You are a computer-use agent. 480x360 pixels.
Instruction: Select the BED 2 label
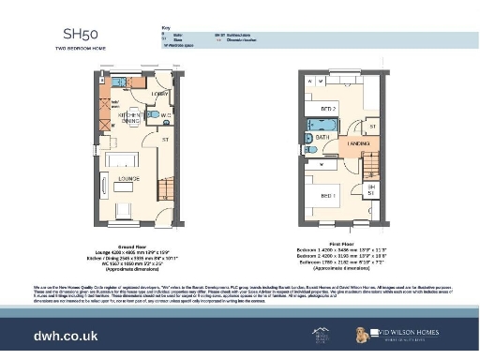(x=328, y=110)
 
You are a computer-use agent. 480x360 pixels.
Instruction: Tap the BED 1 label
(x=328, y=196)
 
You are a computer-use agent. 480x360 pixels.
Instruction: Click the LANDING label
(x=359, y=143)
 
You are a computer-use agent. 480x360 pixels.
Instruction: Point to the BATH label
(x=322, y=137)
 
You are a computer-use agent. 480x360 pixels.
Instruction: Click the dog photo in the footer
(x=361, y=334)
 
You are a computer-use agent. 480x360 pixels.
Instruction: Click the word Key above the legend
(x=166, y=29)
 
